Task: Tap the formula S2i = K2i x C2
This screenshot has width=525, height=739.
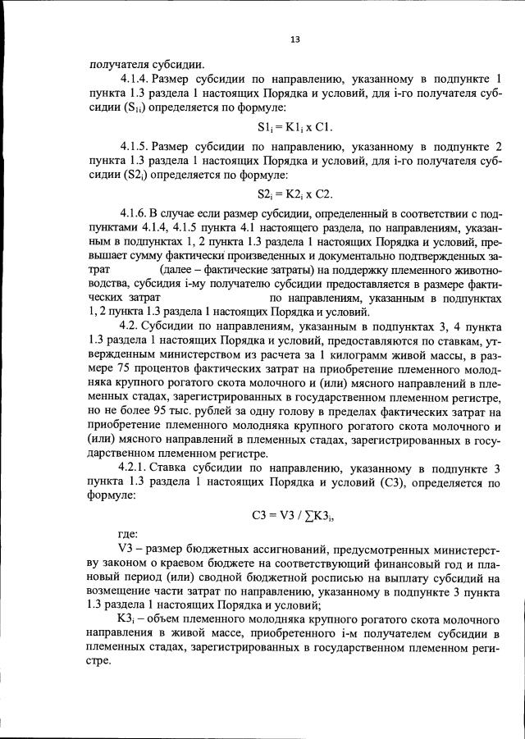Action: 294,194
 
